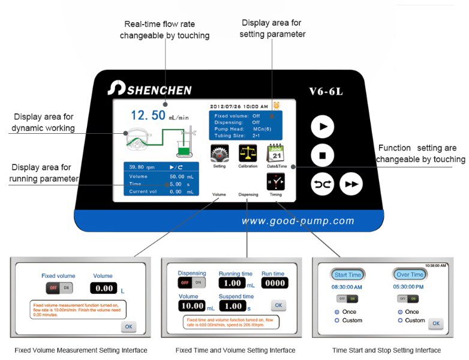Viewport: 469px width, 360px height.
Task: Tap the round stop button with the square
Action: (323, 155)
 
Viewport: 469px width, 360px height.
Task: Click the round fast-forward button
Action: (351, 184)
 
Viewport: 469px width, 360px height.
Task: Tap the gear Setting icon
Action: (220, 154)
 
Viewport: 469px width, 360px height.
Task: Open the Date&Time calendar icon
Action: (275, 154)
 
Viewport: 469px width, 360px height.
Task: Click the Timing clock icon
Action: (275, 181)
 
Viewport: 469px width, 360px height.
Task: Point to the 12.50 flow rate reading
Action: (149, 115)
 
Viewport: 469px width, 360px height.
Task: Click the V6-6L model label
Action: (326, 91)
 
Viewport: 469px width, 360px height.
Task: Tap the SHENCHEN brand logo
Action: (150, 89)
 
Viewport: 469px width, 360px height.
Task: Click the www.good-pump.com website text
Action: (297, 221)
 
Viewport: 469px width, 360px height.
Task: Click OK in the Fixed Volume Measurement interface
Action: (128, 326)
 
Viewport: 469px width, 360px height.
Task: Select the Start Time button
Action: (348, 275)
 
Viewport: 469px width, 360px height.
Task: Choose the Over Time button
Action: (410, 275)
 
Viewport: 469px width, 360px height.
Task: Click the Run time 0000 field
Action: (276, 283)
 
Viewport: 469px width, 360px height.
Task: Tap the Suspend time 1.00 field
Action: (231, 306)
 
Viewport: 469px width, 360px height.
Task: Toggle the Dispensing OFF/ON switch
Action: (191, 282)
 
